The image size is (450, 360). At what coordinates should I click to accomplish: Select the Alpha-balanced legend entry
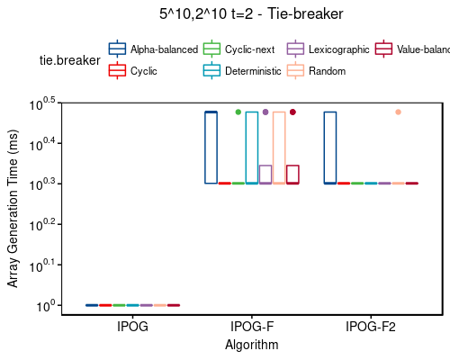click(x=153, y=49)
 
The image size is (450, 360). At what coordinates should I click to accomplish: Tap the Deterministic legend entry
click(x=243, y=70)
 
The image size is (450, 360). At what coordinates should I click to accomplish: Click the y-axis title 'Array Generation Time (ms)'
click(x=13, y=208)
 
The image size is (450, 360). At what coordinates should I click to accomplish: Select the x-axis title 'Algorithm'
click(x=251, y=345)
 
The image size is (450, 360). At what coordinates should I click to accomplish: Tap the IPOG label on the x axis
click(x=132, y=327)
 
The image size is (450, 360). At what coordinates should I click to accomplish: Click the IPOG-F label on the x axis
click(x=251, y=327)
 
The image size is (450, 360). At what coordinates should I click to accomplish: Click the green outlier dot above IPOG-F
click(x=238, y=112)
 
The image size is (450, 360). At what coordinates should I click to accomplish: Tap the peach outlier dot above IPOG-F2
click(x=398, y=112)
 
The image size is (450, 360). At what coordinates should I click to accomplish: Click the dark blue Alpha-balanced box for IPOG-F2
click(x=330, y=148)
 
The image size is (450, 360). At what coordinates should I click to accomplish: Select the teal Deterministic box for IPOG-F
click(x=252, y=148)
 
